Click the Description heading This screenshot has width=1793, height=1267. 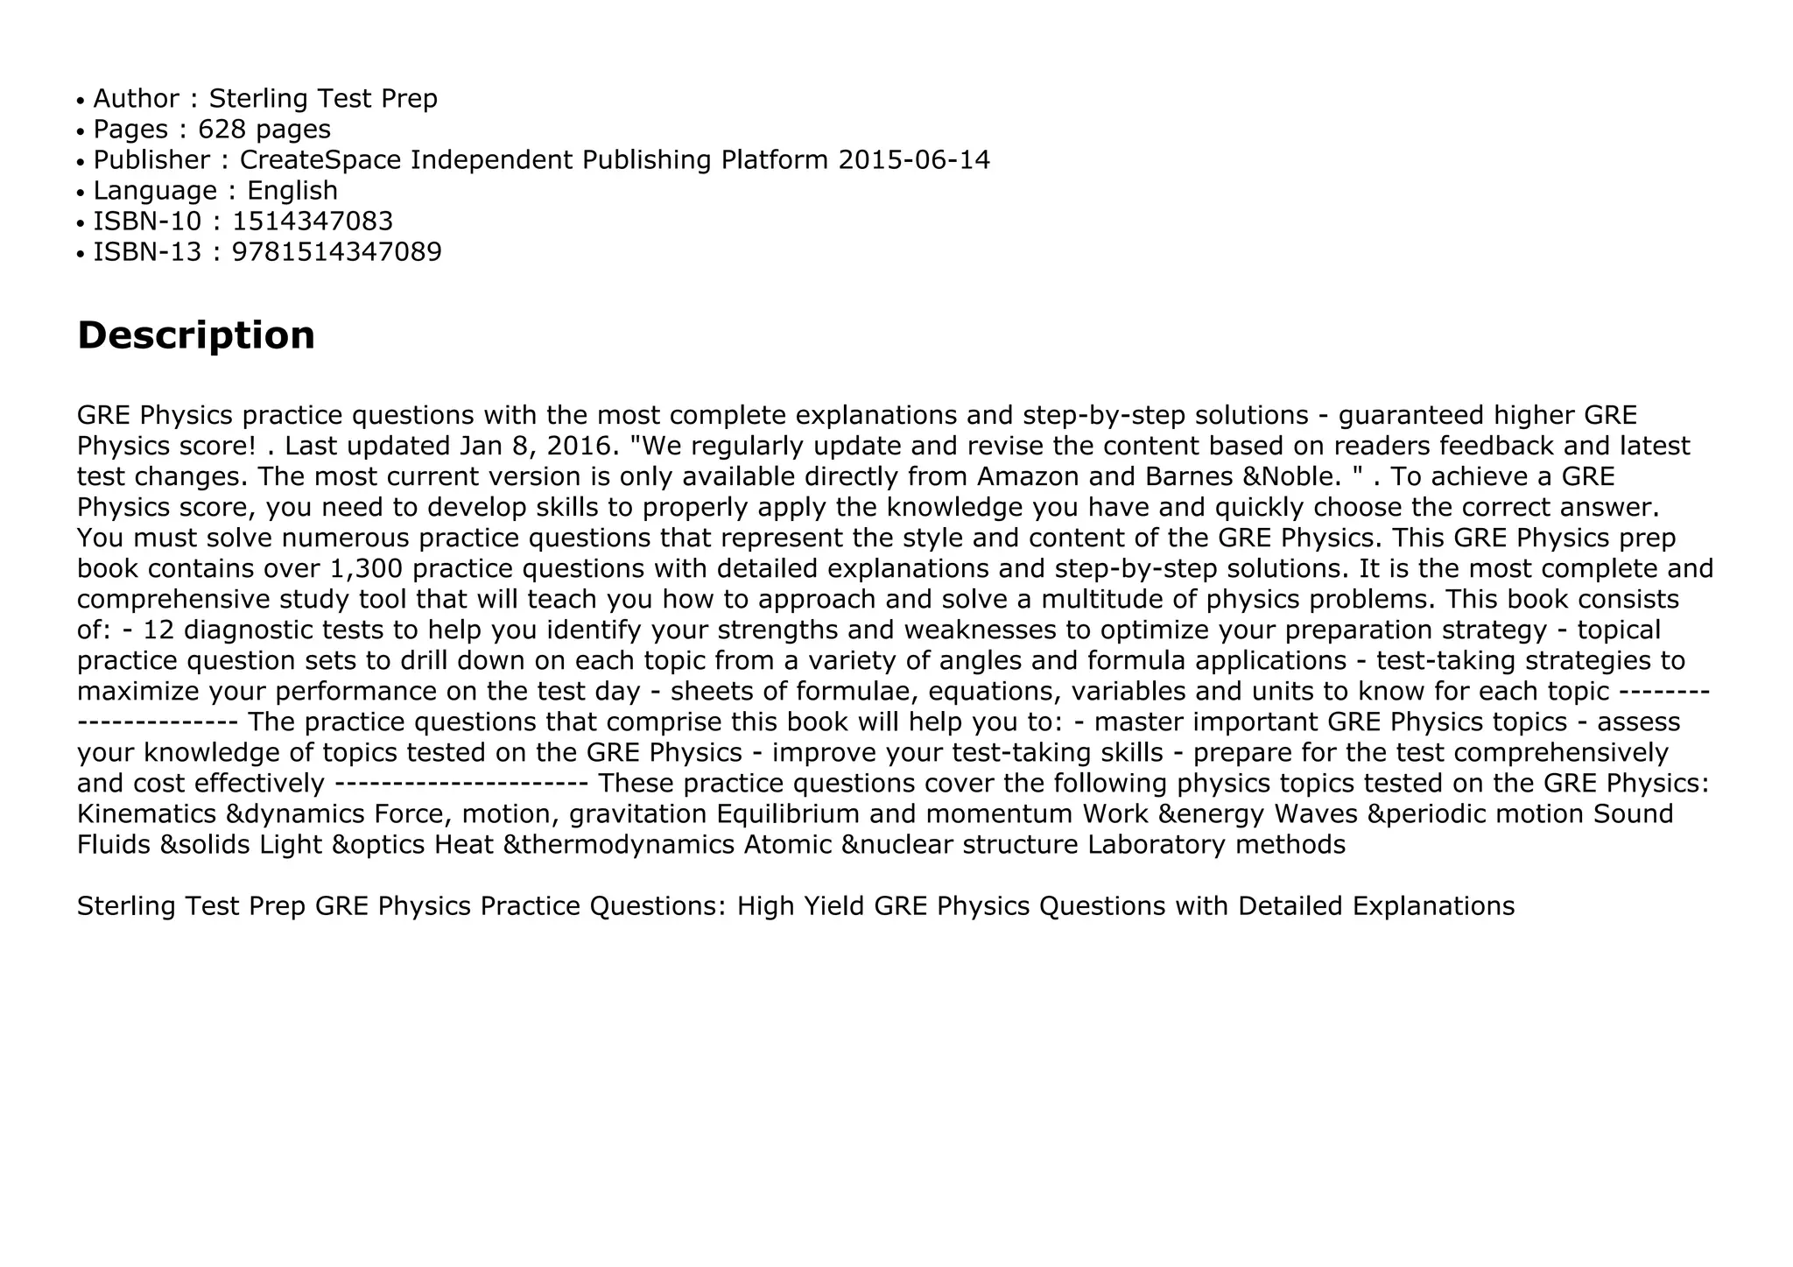[x=196, y=335]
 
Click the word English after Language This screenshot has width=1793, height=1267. [x=292, y=191]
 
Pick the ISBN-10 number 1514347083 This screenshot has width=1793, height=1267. [x=313, y=222]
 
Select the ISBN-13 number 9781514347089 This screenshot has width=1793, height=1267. [x=337, y=252]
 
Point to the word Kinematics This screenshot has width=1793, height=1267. [x=146, y=814]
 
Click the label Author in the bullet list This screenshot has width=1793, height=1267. [x=136, y=99]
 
